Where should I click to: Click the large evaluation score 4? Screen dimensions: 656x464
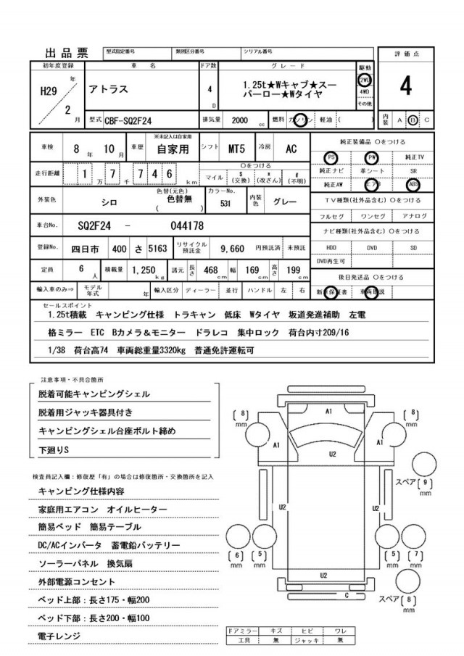[x=405, y=87]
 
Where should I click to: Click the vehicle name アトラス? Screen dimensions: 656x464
[x=109, y=88]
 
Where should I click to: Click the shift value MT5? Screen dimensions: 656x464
[x=237, y=149]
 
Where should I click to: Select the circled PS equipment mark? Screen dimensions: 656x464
[x=331, y=157]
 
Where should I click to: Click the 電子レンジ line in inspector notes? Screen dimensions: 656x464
[x=59, y=636]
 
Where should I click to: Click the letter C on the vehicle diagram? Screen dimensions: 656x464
[x=347, y=596]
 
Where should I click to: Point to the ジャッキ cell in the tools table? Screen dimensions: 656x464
[x=308, y=640]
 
